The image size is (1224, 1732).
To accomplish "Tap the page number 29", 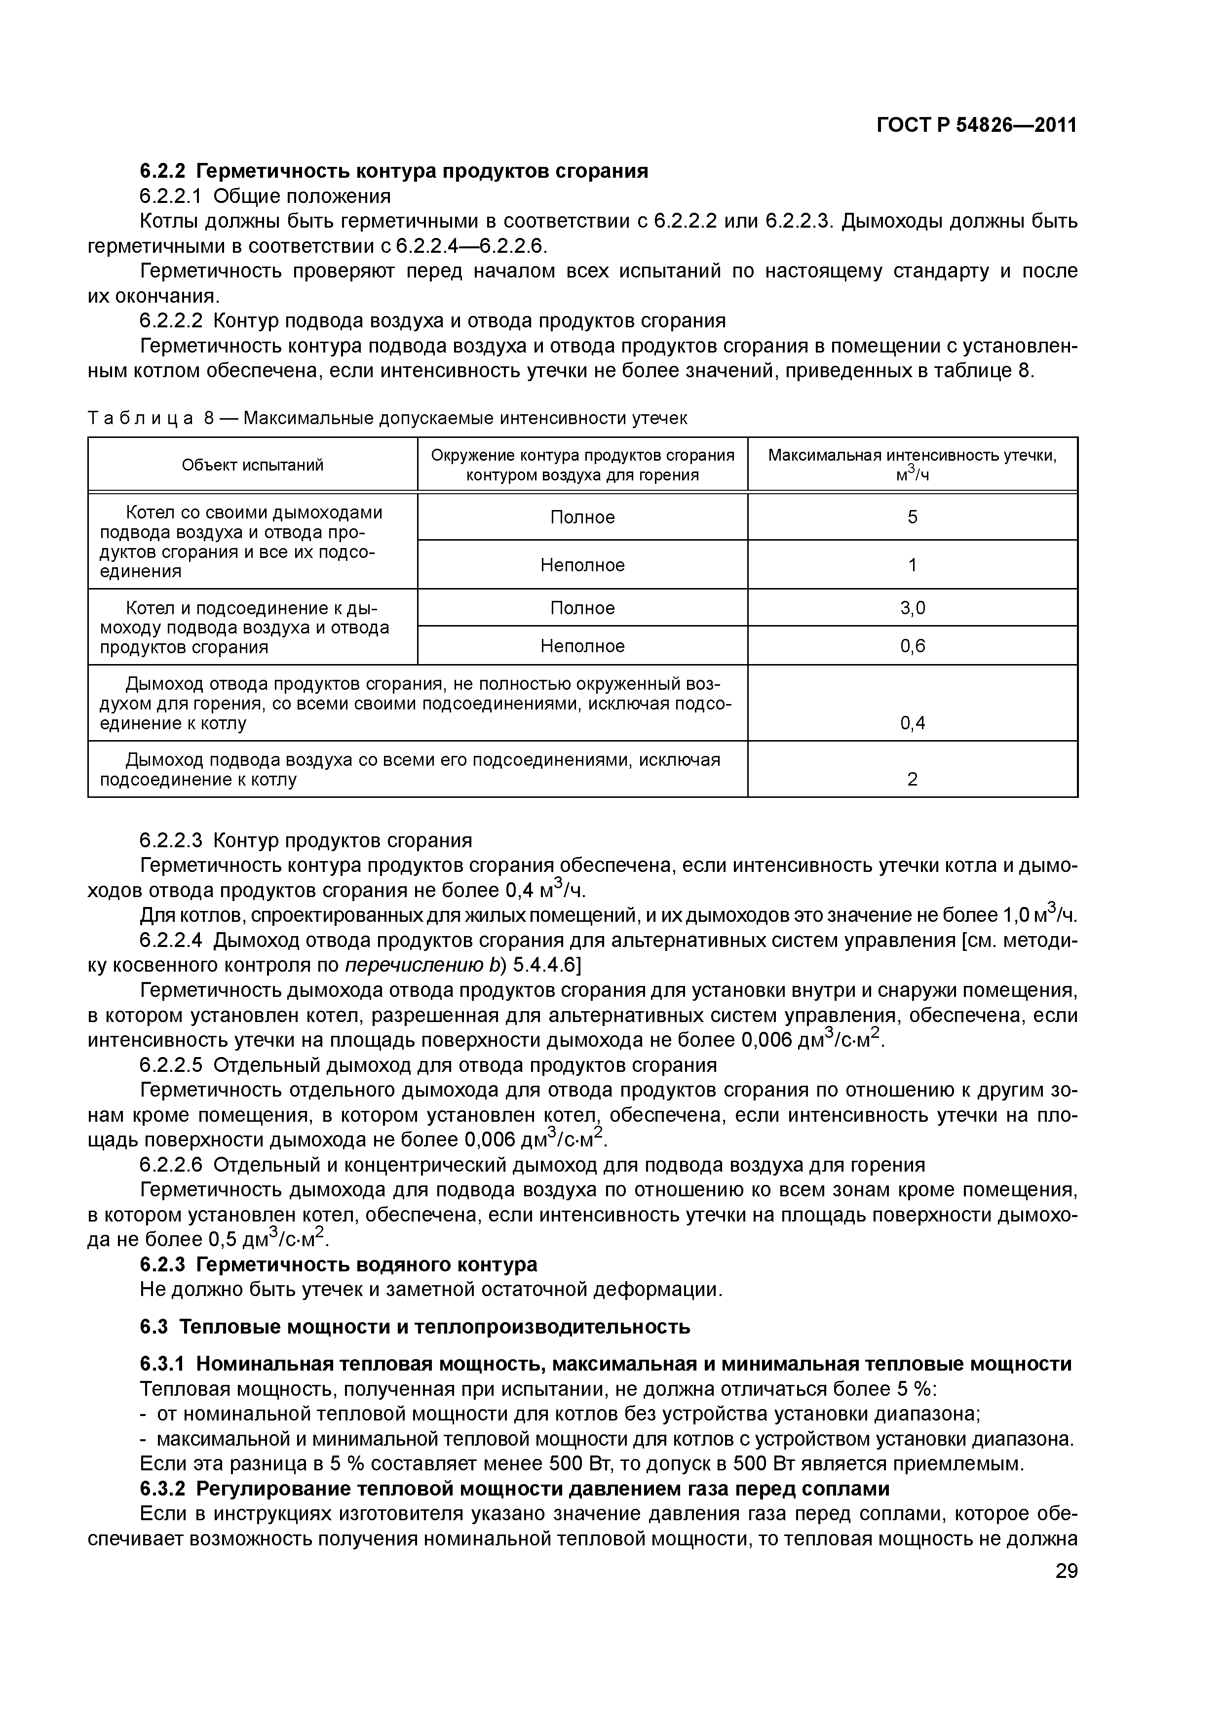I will [1066, 1572].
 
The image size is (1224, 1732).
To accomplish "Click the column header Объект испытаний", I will [253, 465].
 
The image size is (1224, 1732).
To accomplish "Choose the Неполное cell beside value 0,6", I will [582, 646].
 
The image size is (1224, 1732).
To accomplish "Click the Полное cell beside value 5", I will [582, 517].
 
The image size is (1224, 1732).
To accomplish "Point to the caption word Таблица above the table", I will [141, 418].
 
